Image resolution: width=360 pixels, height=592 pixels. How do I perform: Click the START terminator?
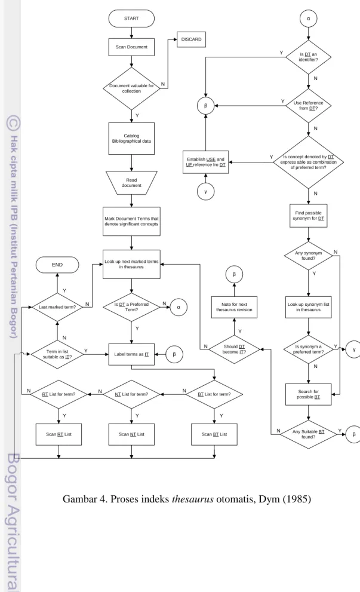(x=131, y=19)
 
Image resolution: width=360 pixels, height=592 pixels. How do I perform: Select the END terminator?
(x=57, y=265)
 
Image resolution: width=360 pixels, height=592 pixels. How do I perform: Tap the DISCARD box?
(x=191, y=39)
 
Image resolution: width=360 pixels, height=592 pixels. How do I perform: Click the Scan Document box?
(x=131, y=47)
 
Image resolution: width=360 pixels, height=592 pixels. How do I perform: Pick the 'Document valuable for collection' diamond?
(x=131, y=88)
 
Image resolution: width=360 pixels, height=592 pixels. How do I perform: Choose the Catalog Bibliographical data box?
(x=131, y=139)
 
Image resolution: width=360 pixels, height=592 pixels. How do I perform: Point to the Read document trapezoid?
(x=131, y=183)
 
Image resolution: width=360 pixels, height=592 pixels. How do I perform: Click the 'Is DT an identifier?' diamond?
(x=308, y=57)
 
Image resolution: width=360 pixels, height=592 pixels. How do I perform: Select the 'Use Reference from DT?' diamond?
(x=308, y=105)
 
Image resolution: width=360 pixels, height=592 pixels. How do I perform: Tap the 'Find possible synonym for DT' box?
(x=308, y=216)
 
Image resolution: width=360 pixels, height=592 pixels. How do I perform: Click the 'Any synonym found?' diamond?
(x=308, y=256)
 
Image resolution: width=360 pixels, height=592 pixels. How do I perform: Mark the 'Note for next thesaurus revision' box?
(x=234, y=307)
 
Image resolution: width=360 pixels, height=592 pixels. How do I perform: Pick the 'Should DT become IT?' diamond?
(x=234, y=349)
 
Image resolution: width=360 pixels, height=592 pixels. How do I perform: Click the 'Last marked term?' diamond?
(x=57, y=307)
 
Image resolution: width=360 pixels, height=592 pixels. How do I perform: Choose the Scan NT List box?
(x=131, y=434)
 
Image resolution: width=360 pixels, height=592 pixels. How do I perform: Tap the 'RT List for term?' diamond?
(x=59, y=394)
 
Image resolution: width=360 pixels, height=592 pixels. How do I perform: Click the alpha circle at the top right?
(x=308, y=19)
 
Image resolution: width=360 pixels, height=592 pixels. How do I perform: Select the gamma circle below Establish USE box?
(x=205, y=192)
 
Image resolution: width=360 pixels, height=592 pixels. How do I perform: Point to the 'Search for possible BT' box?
(x=308, y=394)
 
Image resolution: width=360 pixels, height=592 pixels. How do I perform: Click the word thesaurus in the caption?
(x=192, y=499)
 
